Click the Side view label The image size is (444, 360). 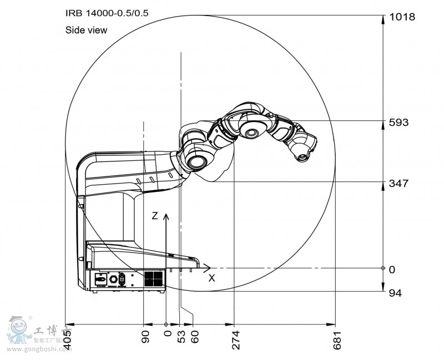pyautogui.click(x=86, y=31)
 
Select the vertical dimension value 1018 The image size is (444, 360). pyautogui.click(x=401, y=17)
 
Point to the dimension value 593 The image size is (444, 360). pyautogui.click(x=398, y=122)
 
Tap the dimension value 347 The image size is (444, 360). pyautogui.click(x=398, y=182)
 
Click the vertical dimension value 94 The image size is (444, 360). pyautogui.click(x=395, y=292)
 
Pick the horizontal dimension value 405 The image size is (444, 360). pyautogui.click(x=68, y=339)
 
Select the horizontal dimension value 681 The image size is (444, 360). pyautogui.click(x=336, y=339)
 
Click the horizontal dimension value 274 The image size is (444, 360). pyautogui.click(x=235, y=339)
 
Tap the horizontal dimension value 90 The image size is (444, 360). pyautogui.click(x=145, y=336)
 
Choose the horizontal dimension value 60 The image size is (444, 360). pyautogui.click(x=194, y=336)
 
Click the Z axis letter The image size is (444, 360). pyautogui.click(x=155, y=216)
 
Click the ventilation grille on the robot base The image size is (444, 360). pyautogui.click(x=153, y=278)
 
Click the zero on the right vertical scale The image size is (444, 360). pyautogui.click(x=392, y=270)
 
